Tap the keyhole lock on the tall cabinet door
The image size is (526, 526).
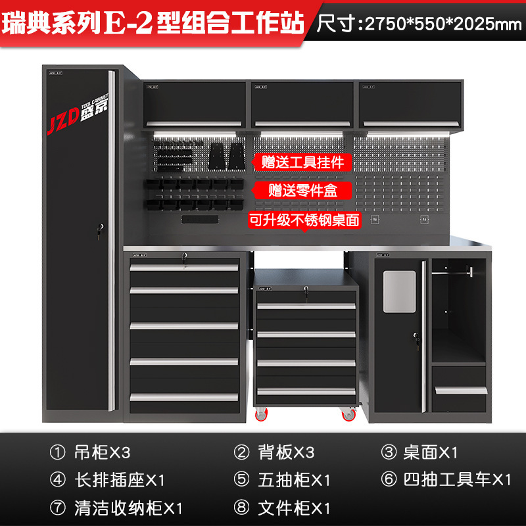pyautogui.click(x=100, y=229)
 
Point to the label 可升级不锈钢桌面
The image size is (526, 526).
pyautogui.click(x=304, y=220)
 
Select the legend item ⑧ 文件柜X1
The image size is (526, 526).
pyautogui.click(x=283, y=508)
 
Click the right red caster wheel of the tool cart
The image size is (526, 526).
pyautogui.click(x=347, y=414)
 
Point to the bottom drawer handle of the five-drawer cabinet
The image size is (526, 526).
pyautogui.click(x=184, y=396)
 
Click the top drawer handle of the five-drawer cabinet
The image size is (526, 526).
pyautogui.click(x=184, y=268)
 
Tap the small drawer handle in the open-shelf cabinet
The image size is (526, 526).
pyautogui.click(x=460, y=391)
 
